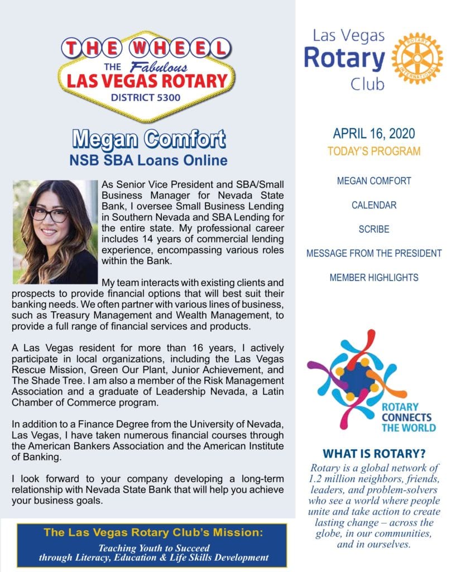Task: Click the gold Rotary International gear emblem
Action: pos(417,59)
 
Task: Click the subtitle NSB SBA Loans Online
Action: pos(148,160)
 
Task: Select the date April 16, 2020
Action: pos(373,134)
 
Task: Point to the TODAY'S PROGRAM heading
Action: pos(373,151)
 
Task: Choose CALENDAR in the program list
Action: pos(374,205)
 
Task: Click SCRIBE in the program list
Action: pos(374,229)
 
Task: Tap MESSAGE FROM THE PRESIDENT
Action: pos(374,253)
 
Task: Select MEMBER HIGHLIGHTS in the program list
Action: pos(374,277)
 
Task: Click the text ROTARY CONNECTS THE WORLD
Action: pos(406,417)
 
